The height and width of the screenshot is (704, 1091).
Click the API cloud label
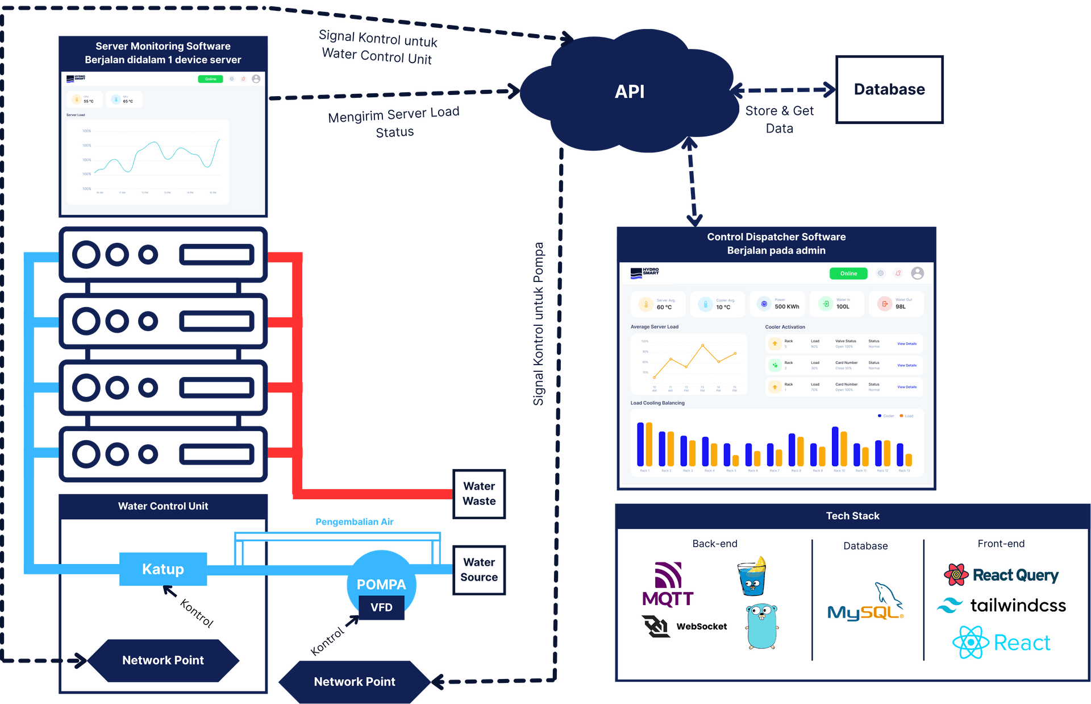point(630,92)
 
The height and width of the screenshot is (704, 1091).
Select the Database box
point(889,89)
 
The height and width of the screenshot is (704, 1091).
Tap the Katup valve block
point(163,569)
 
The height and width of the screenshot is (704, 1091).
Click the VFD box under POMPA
point(381,607)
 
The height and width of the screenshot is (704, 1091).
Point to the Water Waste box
point(479,494)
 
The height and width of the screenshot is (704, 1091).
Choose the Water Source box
point(479,570)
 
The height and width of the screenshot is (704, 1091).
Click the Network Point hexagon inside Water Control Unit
point(163,660)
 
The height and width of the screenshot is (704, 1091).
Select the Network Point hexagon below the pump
point(355,681)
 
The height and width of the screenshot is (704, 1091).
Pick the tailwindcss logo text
point(1017,606)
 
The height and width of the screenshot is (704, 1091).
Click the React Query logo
point(1001,575)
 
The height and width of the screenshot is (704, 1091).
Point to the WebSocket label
point(701,626)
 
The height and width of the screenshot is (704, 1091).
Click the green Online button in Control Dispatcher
point(848,274)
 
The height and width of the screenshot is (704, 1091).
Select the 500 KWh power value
point(786,307)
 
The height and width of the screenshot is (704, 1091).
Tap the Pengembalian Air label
point(355,521)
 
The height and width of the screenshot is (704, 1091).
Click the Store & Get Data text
point(780,119)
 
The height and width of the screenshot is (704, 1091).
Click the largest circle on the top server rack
point(86,254)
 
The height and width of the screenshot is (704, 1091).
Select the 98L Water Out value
point(901,307)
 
